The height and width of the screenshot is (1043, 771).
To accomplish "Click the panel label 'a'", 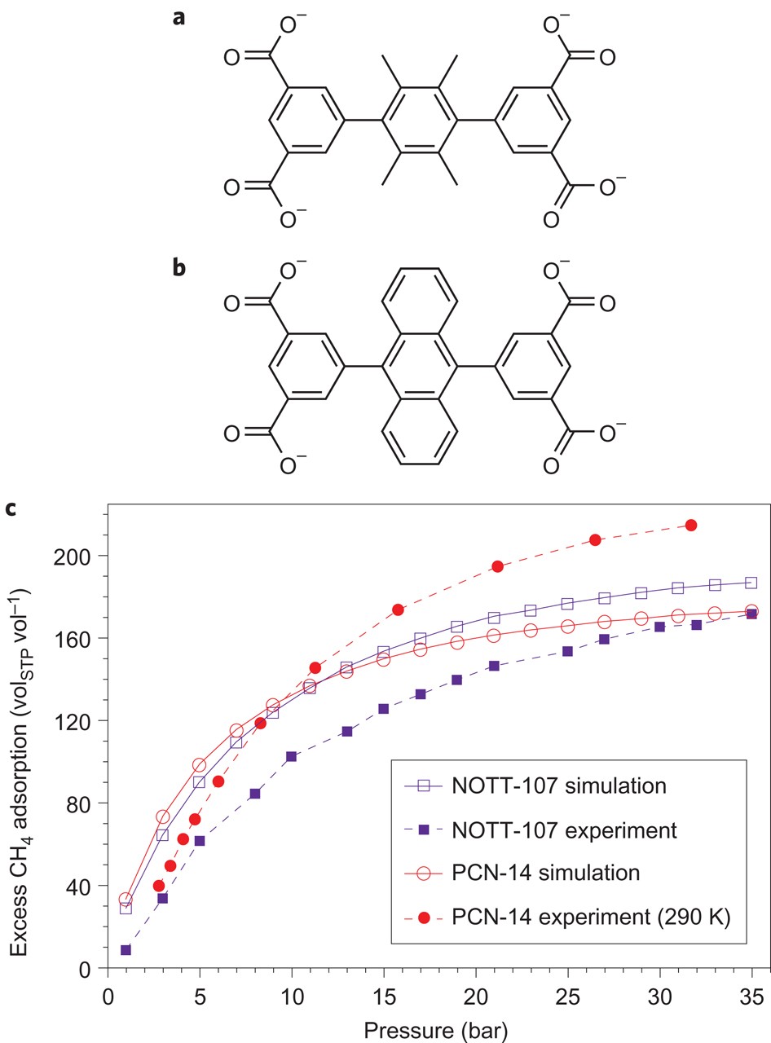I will (179, 16).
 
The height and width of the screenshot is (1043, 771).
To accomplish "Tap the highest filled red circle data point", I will (691, 526).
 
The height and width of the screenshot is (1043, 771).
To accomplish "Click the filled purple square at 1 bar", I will (126, 950).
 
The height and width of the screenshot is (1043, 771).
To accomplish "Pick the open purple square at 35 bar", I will (751, 583).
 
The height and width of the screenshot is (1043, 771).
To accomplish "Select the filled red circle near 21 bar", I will (497, 566).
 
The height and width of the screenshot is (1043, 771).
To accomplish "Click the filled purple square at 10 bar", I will (291, 756).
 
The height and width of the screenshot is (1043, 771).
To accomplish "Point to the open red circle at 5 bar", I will (199, 765).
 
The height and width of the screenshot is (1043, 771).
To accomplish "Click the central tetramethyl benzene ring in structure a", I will (419, 120).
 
